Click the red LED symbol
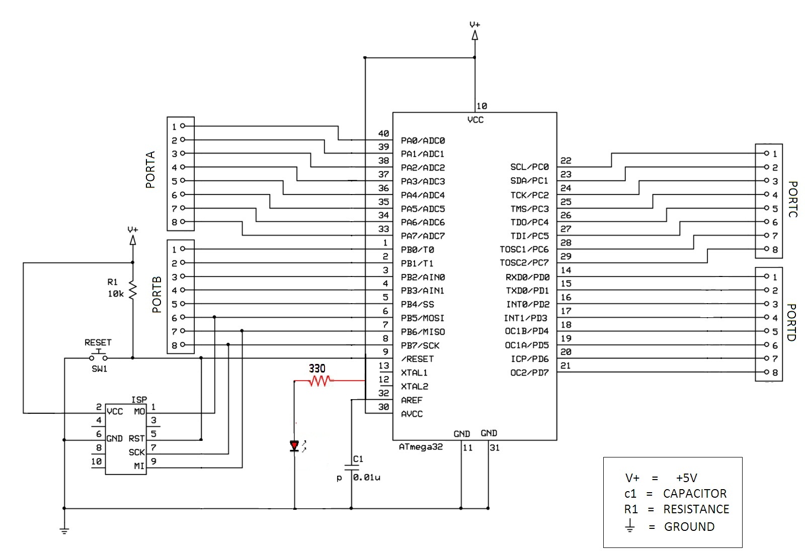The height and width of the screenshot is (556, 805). click(x=295, y=445)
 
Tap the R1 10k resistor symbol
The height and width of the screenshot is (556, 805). click(x=133, y=291)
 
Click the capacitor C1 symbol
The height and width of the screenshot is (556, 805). click(x=351, y=466)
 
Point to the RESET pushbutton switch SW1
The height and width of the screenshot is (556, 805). click(x=99, y=357)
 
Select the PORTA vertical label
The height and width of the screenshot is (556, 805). click(x=150, y=170)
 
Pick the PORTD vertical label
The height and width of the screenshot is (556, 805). click(x=791, y=322)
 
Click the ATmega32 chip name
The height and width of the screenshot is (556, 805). click(x=421, y=447)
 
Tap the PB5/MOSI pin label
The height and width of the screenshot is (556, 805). click(x=423, y=318)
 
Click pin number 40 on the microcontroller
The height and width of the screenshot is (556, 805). click(x=383, y=134)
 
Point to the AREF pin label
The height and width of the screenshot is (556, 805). click(x=412, y=400)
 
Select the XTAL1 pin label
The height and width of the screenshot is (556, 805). click(x=414, y=373)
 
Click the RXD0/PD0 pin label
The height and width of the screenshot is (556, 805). click(x=527, y=277)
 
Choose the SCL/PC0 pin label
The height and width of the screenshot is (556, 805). click(x=529, y=167)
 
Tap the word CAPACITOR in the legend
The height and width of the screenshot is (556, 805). click(x=694, y=494)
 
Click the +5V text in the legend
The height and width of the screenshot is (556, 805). click(x=686, y=478)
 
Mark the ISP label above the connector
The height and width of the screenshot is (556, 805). click(x=139, y=400)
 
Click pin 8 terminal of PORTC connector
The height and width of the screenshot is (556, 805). click(x=766, y=249)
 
